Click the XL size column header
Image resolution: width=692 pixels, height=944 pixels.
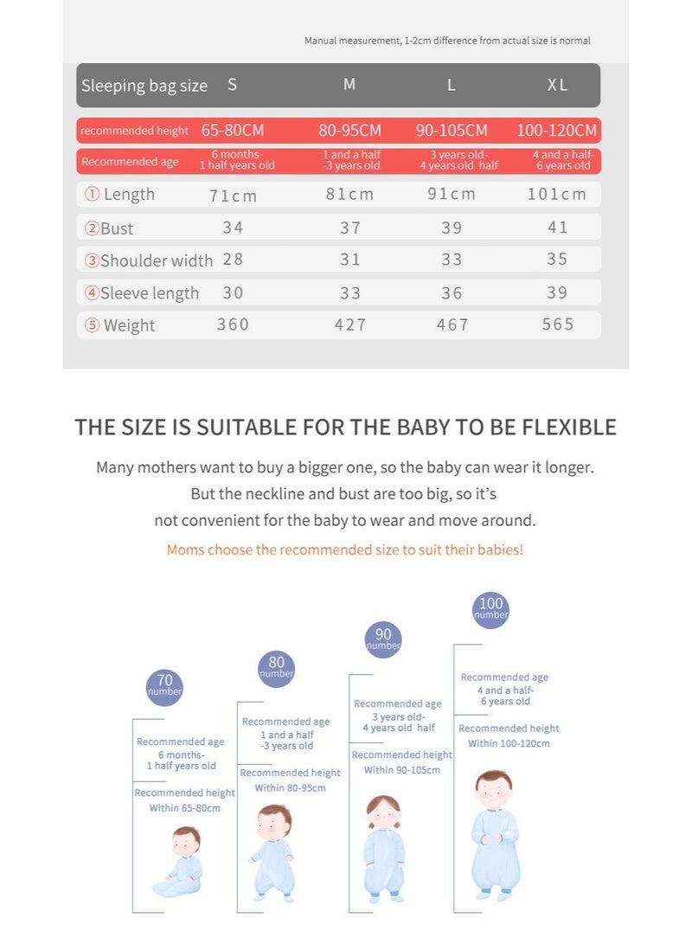(x=557, y=85)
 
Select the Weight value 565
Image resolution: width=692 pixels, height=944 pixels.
(x=558, y=324)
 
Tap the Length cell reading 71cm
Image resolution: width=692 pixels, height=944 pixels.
(x=233, y=195)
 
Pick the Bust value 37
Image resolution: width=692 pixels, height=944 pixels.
(x=350, y=228)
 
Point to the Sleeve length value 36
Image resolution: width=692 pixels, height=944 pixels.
(x=452, y=293)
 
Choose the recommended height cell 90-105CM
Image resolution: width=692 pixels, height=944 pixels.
(x=452, y=131)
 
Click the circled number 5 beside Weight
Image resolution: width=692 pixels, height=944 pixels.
(x=92, y=325)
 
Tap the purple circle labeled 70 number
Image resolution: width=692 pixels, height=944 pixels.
(x=164, y=686)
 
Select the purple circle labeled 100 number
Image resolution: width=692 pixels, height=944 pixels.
(x=490, y=609)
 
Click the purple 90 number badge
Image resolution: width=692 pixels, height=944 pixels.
(x=383, y=639)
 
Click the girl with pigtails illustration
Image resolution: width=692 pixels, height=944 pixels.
(x=383, y=849)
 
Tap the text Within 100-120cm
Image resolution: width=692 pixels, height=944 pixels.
(x=509, y=743)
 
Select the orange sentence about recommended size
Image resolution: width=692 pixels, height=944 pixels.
(x=345, y=549)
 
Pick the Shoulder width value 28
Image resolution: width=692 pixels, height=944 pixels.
(x=233, y=260)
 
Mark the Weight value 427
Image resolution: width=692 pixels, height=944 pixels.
(x=350, y=325)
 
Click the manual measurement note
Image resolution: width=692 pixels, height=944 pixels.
(x=447, y=41)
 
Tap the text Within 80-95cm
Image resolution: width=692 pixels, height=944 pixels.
(x=290, y=788)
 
